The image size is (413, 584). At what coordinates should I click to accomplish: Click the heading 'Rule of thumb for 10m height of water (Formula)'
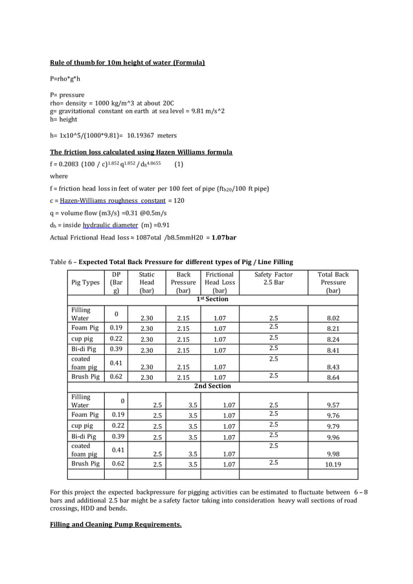(128, 63)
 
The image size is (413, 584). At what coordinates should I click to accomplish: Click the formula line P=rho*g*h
(65, 78)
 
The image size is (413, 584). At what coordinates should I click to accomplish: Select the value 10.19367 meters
(148, 135)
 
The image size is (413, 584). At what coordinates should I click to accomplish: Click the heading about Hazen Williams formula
(141, 152)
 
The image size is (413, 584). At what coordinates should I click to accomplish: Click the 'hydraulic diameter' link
(110, 225)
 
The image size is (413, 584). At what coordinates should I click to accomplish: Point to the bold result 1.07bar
(224, 237)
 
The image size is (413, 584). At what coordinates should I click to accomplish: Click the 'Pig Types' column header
(84, 282)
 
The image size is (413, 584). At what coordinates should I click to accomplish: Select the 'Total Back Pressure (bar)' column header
(333, 282)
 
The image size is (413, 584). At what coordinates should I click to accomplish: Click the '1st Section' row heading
(212, 299)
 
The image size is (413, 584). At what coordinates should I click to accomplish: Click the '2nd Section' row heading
(212, 386)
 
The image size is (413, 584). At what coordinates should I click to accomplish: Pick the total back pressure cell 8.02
(333, 318)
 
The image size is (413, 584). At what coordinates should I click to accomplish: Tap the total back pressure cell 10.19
(333, 464)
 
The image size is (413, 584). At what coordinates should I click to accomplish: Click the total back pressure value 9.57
(333, 405)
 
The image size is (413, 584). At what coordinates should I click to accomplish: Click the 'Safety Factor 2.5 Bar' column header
(273, 278)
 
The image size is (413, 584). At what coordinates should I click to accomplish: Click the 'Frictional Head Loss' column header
(219, 282)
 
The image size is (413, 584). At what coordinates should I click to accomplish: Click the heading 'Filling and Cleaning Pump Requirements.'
(116, 524)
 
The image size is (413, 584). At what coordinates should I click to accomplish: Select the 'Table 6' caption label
(62, 262)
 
